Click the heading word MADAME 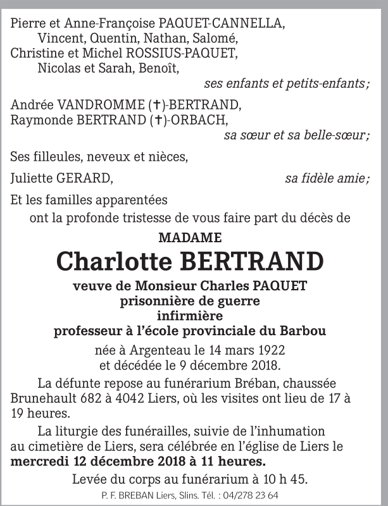pos(190,238)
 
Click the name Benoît pos(159,67)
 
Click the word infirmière pos(190,316)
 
